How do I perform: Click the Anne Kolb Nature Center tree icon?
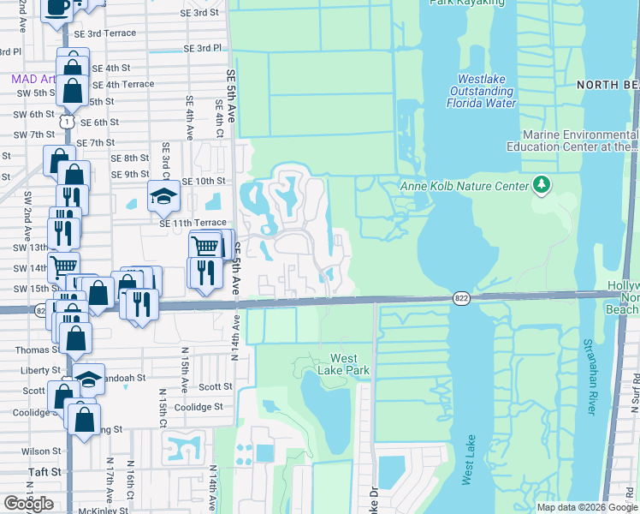(x=540, y=185)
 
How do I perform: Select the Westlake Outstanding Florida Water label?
(x=482, y=91)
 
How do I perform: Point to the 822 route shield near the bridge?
(x=461, y=297)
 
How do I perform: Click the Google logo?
(x=28, y=503)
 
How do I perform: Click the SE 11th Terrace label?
(x=193, y=222)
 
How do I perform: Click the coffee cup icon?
(x=57, y=8)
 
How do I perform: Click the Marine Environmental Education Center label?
(x=579, y=141)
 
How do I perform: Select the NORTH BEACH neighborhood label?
(x=607, y=84)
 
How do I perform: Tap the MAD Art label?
(x=33, y=79)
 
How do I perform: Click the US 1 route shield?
(x=66, y=122)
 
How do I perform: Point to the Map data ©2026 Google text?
(x=587, y=507)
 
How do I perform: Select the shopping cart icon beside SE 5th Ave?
(x=206, y=247)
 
